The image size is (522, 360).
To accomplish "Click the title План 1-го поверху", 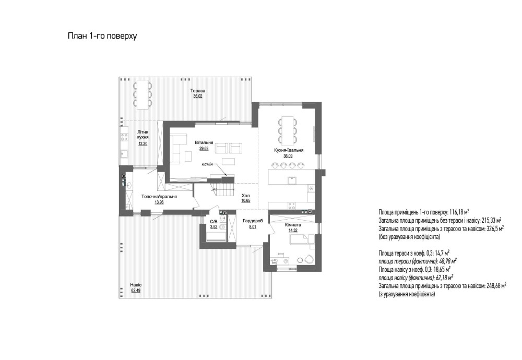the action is (102, 36).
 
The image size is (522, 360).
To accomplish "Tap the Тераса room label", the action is (198, 90).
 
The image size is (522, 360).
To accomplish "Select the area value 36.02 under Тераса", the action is (198, 96).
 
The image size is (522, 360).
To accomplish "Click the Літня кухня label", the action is (143, 135).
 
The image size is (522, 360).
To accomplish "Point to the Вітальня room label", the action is (204, 142).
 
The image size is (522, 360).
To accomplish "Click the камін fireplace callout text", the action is (207, 164).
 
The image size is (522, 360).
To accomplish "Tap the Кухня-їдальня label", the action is (289, 150).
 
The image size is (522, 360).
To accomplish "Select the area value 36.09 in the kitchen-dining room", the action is (289, 155).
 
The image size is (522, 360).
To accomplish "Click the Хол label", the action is (246, 195).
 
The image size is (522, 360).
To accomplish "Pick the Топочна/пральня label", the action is (159, 196).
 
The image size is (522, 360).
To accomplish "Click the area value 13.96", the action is (159, 202).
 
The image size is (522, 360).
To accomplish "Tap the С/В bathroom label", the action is (213, 221).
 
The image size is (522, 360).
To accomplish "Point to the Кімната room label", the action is (293, 225).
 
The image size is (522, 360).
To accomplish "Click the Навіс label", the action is (136, 285).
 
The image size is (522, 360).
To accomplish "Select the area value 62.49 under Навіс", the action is (136, 290).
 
